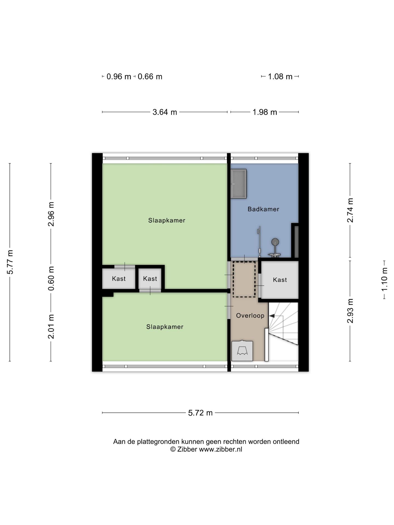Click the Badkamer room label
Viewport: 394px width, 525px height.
263,209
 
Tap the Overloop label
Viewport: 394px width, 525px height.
250,316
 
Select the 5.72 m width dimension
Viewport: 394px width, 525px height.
200,413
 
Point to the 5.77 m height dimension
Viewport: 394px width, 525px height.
10,262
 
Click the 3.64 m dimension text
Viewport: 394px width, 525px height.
165,112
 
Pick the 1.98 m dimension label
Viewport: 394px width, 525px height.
265,112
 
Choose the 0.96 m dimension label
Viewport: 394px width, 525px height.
119,77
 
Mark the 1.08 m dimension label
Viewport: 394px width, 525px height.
280,77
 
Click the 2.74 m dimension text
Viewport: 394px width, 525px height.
350,210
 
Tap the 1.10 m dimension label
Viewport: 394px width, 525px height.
384,280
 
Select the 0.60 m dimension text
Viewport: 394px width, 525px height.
51,278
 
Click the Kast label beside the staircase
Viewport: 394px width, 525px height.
280,280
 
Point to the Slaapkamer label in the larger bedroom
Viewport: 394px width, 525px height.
167,220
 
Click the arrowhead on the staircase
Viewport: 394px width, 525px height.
272,316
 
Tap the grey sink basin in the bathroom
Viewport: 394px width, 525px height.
239,184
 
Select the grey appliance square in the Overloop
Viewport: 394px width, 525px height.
242,351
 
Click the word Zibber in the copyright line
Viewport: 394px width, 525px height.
187,449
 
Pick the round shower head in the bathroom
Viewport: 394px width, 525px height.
275,242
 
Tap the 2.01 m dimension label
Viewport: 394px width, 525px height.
51,326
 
